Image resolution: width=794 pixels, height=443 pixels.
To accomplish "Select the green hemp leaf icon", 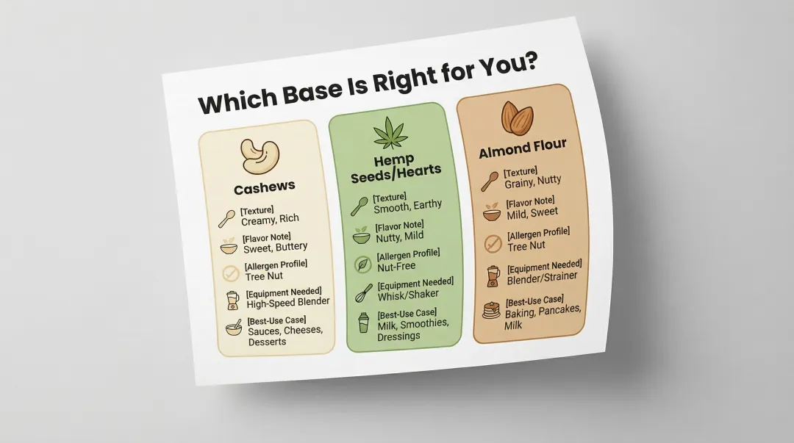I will (390, 133).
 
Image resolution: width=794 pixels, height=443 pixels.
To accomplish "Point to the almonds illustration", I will (518, 118).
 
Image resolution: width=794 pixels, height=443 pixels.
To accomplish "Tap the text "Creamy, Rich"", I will (270, 219).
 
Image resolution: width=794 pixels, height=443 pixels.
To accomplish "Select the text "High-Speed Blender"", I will (287, 301).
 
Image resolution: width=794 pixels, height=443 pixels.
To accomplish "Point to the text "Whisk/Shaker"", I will (409, 293).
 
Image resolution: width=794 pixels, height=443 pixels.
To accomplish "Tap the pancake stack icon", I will (491, 310).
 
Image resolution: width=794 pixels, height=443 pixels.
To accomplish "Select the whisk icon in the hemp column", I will (362, 294).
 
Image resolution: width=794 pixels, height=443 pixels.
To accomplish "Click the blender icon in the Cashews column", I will (233, 300).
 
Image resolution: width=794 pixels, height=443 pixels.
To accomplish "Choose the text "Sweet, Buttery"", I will (275, 247).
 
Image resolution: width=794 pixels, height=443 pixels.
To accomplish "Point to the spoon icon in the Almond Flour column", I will (490, 180).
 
